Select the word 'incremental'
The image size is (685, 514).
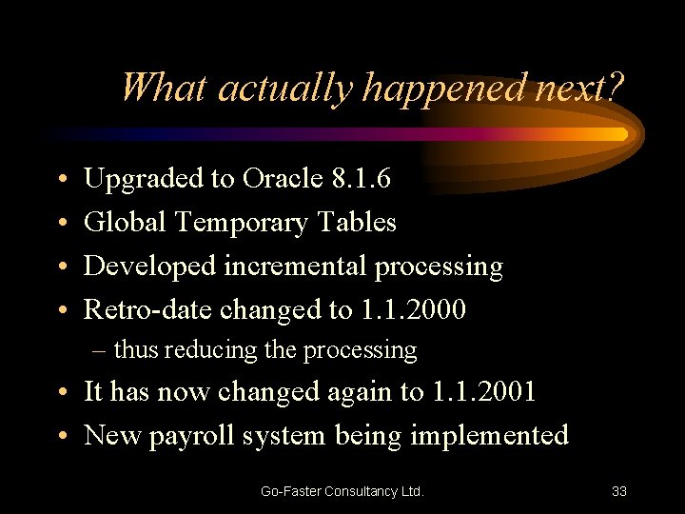point(296,267)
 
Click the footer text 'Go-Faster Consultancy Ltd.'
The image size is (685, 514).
point(342,491)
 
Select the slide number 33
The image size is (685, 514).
point(618,491)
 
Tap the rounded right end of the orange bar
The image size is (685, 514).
point(622,134)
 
